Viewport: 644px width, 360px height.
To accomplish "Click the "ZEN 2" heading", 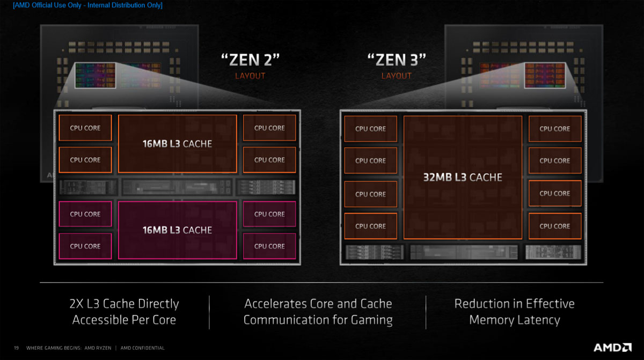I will click(x=250, y=59).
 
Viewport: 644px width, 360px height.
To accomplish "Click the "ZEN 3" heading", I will click(x=396, y=59).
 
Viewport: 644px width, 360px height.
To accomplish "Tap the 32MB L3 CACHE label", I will click(x=463, y=177).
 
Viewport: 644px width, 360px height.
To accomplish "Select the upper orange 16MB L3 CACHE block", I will click(x=177, y=144).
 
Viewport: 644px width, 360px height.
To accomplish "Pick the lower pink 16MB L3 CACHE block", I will click(x=177, y=230).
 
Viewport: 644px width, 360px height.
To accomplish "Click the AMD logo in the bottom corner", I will click(x=612, y=347).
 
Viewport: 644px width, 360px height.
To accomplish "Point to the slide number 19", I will click(x=16, y=348).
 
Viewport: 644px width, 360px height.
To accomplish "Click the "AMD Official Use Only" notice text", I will click(x=87, y=5).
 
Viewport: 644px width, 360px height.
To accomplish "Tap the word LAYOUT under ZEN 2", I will click(x=250, y=76).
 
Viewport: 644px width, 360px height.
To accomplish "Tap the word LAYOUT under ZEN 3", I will click(x=396, y=76).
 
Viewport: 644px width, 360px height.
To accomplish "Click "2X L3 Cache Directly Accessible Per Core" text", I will click(x=124, y=312).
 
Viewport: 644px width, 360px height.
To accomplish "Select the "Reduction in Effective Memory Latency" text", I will click(x=514, y=312).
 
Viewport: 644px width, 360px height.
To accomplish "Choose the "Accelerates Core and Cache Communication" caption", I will click(x=318, y=312).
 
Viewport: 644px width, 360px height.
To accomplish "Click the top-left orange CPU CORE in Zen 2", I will click(x=85, y=128).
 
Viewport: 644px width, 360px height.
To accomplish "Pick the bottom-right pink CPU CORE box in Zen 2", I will click(x=269, y=246).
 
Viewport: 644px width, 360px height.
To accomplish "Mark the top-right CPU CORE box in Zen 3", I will click(x=554, y=129).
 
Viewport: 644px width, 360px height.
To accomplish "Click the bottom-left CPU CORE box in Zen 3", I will click(x=370, y=226).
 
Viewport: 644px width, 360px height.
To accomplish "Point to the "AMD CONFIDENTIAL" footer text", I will click(x=143, y=348).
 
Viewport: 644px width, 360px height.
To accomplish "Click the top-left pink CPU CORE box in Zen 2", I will click(x=85, y=214).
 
